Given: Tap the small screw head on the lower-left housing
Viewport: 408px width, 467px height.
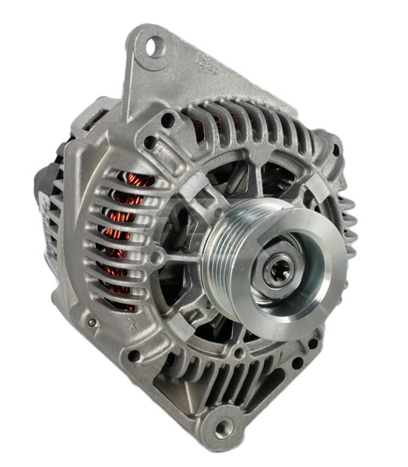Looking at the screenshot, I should coord(92,322).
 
